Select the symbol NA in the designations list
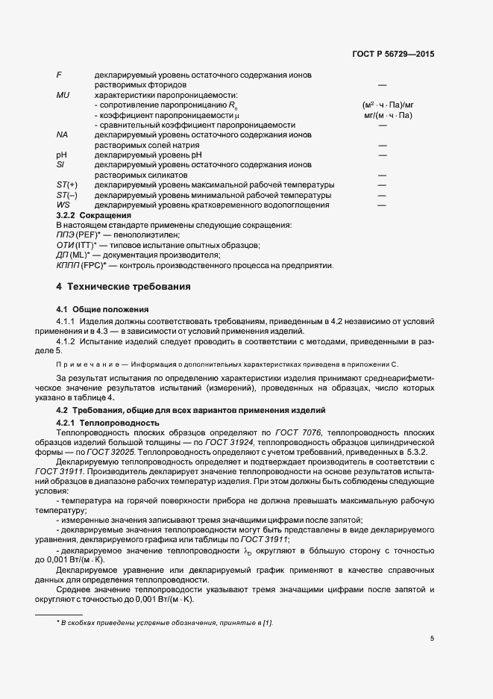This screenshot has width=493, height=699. (63, 135)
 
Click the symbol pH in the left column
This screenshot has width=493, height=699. (62, 155)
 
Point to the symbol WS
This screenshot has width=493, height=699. (63, 204)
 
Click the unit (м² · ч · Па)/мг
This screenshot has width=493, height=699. (387, 105)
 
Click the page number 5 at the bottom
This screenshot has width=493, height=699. (432, 639)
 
